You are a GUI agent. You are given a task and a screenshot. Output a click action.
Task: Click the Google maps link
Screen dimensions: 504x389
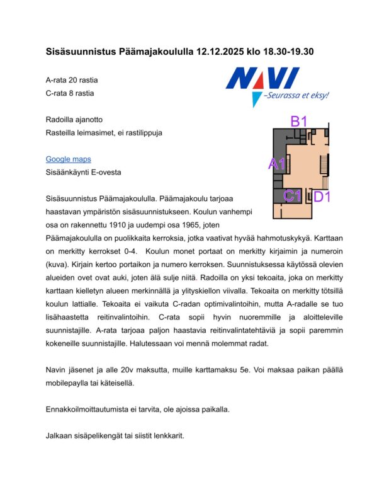click(68, 159)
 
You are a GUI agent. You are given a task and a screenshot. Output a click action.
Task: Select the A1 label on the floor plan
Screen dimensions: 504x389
click(278, 164)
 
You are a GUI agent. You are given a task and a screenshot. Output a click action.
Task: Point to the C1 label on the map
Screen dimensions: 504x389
click(291, 196)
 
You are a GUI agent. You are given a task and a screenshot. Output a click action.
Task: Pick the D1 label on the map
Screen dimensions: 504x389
click(323, 197)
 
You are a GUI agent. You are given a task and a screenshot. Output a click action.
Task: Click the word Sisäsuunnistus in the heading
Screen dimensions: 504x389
click(81, 51)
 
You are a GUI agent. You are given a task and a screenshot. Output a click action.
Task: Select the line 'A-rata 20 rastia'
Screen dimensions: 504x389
click(72, 81)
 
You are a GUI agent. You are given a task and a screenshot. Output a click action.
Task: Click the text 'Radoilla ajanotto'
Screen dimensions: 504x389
click(74, 119)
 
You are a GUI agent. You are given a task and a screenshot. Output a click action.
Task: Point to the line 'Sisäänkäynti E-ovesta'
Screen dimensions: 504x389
click(84, 172)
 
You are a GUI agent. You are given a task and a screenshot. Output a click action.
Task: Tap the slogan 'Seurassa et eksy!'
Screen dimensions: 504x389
click(298, 96)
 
